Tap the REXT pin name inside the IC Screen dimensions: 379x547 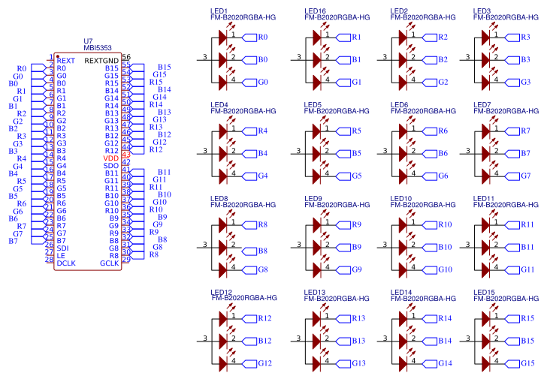point(66,61)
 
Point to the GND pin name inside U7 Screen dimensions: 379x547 point(110,61)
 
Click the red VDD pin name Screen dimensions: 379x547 point(110,158)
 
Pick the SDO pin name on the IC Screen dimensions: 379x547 point(110,166)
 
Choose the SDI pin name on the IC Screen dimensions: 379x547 point(63,248)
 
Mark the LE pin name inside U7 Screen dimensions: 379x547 point(61,256)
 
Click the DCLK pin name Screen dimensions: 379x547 point(66,263)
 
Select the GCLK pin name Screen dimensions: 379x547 point(109,263)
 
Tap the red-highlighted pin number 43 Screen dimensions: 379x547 point(125,155)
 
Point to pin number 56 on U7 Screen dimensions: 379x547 point(125,57)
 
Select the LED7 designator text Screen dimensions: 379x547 point(482,104)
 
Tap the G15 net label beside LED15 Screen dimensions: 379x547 point(527,363)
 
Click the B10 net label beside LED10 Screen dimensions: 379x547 point(445,247)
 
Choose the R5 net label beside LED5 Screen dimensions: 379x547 point(356,131)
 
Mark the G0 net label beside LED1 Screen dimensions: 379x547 point(262,82)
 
